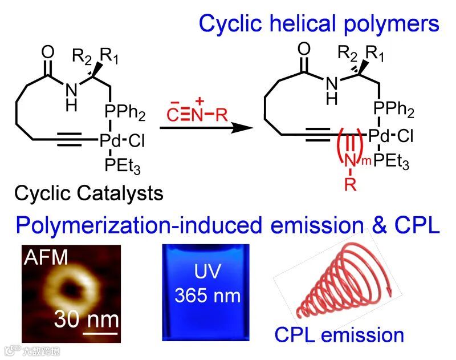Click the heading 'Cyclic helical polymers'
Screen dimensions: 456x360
pyautogui.click(x=319, y=23)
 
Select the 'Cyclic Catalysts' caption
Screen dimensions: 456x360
pyautogui.click(x=89, y=193)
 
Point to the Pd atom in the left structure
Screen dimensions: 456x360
pyautogui.click(x=109, y=140)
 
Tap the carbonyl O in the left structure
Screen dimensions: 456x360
pyautogui.click(x=47, y=50)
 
